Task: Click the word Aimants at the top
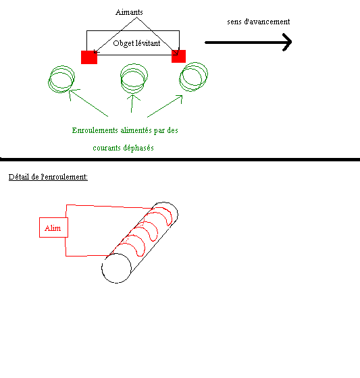pyautogui.click(x=129, y=12)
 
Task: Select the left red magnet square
pyautogui.click(x=89, y=57)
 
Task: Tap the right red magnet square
pyautogui.click(x=178, y=57)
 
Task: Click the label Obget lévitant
pyautogui.click(x=136, y=43)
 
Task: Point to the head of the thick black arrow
pyautogui.click(x=290, y=42)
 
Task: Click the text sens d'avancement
pyautogui.click(x=259, y=22)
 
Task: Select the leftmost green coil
pyautogui.click(x=61, y=79)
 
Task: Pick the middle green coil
pyautogui.click(x=134, y=78)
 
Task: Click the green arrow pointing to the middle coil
pyautogui.click(x=132, y=104)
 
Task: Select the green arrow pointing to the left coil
pyautogui.click(x=88, y=103)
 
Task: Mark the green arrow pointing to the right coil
pyautogui.click(x=165, y=107)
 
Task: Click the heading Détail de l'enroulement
pyautogui.click(x=48, y=177)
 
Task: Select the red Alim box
pyautogui.click(x=53, y=227)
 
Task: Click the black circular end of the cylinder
pyautogui.click(x=116, y=268)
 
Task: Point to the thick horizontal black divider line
pyautogui.click(x=180, y=159)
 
